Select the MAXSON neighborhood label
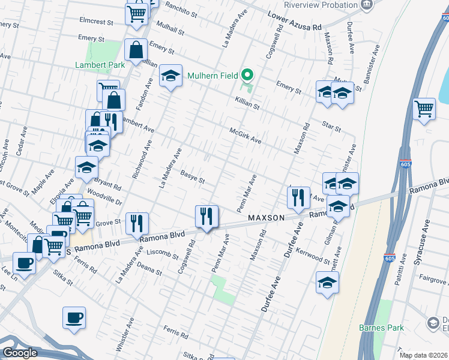pyautogui.click(x=264, y=218)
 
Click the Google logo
pyautogui.click(x=19, y=353)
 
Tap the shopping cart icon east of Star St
pyautogui.click(x=424, y=109)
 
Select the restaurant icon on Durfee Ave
pyautogui.click(x=298, y=197)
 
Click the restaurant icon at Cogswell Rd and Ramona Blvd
pyautogui.click(x=206, y=215)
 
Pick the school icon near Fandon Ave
pyautogui.click(x=170, y=76)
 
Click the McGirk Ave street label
pyautogui.click(x=246, y=135)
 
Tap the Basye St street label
pyautogui.click(x=193, y=179)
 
